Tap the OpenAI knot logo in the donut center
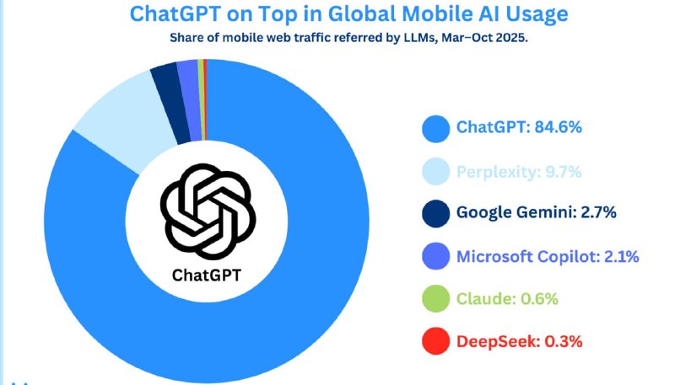click(207, 210)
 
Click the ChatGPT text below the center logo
click(207, 275)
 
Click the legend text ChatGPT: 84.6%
click(519, 128)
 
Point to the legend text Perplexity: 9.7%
click(519, 172)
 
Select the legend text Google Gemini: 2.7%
click(536, 212)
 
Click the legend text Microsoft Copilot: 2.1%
click(548, 256)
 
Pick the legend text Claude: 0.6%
click(507, 299)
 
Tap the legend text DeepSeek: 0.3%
click(519, 341)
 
